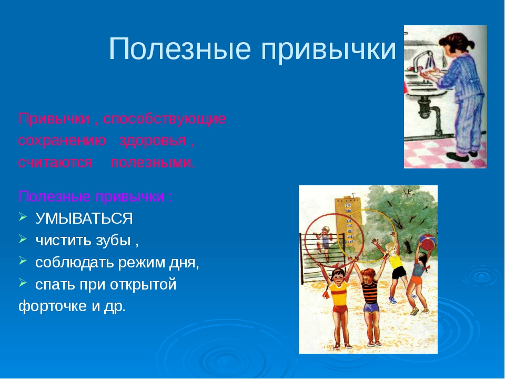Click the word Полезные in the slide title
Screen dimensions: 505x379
pyautogui.click(x=180, y=48)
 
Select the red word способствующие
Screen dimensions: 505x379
pyautogui.click(x=165, y=119)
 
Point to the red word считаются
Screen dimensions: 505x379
pyautogui.click(x=55, y=163)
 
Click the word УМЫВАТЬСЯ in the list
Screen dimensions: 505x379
pyautogui.click(x=84, y=219)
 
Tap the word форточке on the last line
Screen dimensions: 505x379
pyautogui.click(x=53, y=306)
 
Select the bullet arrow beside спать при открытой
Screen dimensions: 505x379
pyautogui.click(x=23, y=283)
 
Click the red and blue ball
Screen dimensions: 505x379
pyautogui.click(x=427, y=242)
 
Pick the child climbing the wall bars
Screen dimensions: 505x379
pyautogui.click(x=324, y=241)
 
